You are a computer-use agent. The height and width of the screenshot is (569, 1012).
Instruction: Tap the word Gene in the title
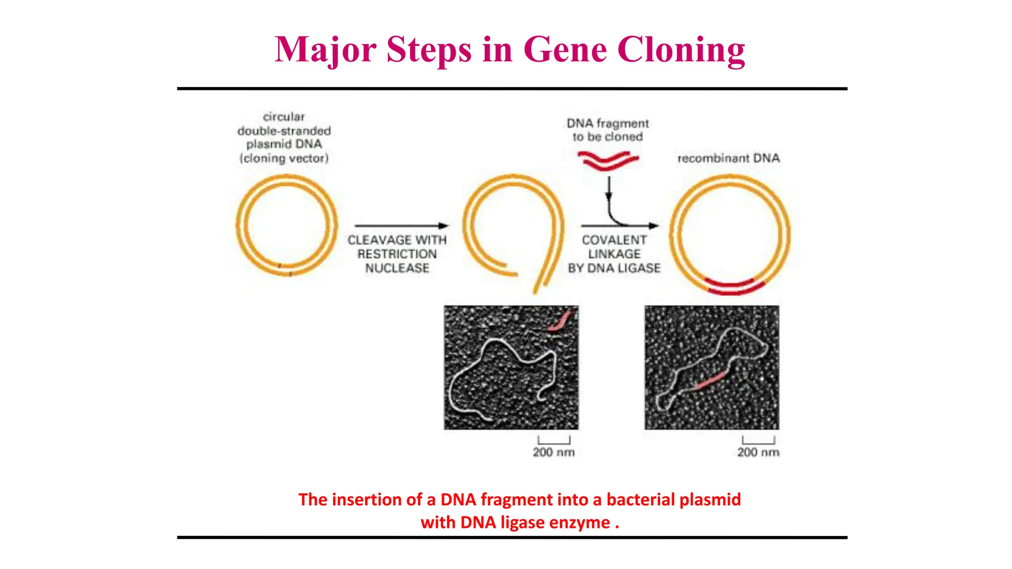coord(565,50)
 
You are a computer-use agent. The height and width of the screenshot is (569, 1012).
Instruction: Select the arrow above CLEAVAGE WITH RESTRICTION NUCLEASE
coord(401,226)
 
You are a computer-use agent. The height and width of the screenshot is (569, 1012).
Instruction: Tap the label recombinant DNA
coord(728,158)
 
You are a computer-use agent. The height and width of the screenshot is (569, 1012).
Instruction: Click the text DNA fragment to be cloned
coord(608,130)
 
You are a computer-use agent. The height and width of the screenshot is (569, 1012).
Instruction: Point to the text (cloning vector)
coord(284,158)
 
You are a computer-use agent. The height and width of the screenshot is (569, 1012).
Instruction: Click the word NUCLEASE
coord(397,268)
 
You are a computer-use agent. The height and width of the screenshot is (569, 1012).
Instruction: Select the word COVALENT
coord(614,240)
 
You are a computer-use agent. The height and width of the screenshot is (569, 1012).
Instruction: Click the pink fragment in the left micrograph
coord(560,322)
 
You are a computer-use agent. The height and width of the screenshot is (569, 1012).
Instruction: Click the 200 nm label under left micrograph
coord(553,452)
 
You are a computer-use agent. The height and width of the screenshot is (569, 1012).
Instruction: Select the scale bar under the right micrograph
coord(759,441)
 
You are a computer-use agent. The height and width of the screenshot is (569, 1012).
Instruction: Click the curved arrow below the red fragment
coord(613,212)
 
